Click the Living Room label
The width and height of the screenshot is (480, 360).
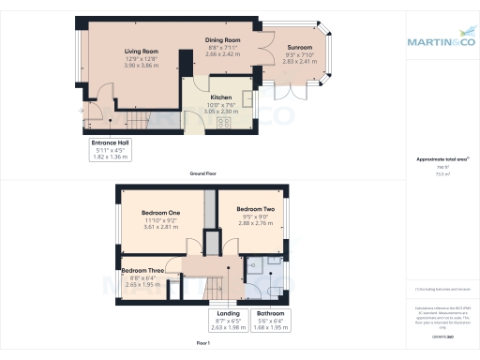coord(141,52)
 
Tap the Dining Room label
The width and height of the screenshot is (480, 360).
coord(223,41)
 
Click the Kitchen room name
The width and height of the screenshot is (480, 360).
coord(221,96)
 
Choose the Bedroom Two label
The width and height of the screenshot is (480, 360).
coord(255,209)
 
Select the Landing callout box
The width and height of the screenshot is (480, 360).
coord(229,322)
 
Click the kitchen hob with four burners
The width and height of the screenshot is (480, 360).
coord(224,122)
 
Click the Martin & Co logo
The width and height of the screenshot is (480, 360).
coord(440,41)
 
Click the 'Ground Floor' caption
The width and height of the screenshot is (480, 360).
coord(203,175)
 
